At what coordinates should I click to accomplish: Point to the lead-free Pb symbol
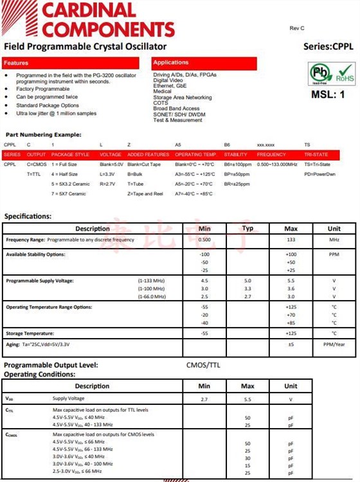320,73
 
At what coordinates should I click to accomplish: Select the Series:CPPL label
328,47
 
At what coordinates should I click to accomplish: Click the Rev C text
297,28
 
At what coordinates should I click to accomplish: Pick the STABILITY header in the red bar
236,155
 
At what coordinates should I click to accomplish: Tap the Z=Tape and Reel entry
145,193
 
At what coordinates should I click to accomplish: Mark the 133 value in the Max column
291,240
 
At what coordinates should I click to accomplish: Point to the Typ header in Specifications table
248,228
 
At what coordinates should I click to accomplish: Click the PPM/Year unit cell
334,344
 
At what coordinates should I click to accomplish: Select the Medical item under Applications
163,92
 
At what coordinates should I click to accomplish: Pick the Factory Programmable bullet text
43,89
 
